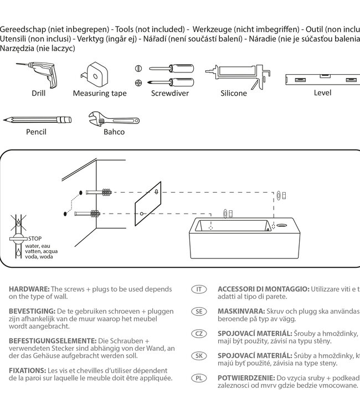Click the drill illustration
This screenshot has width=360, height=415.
coord(39,74)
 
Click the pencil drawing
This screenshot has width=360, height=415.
coord(37,120)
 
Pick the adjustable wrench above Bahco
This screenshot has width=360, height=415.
coord(113,118)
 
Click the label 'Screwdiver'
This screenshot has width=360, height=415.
coord(170,94)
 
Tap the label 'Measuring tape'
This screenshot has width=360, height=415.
coord(100,94)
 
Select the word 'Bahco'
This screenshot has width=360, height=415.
coord(114,132)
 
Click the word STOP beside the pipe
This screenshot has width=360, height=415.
coord(35,238)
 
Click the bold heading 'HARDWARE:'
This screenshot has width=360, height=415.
coord(29,289)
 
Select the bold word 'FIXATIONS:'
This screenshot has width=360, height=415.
coord(27,370)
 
